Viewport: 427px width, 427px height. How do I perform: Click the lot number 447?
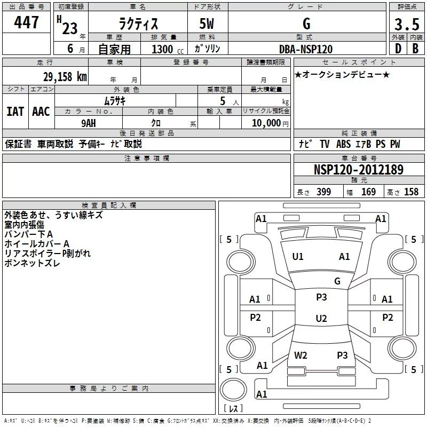[27, 22]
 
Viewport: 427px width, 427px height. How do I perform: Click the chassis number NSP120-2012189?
[358, 170]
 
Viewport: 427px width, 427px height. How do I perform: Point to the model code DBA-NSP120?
[306, 49]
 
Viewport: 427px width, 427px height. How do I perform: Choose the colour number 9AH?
[90, 122]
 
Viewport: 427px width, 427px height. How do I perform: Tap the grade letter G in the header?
[306, 25]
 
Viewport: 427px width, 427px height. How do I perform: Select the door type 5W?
[207, 25]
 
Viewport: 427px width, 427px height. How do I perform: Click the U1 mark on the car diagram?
[298, 257]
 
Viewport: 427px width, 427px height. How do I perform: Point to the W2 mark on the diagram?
[301, 355]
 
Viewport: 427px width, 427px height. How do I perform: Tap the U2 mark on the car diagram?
[321, 319]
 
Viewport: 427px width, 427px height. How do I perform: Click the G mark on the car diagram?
[337, 281]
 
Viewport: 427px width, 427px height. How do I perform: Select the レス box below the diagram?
[233, 408]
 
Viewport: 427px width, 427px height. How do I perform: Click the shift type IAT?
[15, 111]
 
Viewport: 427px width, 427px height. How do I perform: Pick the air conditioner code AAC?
[41, 111]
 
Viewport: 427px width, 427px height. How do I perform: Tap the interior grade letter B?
[415, 49]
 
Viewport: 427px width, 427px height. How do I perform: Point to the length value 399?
[323, 192]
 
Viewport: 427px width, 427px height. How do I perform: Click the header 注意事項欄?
[146, 159]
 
